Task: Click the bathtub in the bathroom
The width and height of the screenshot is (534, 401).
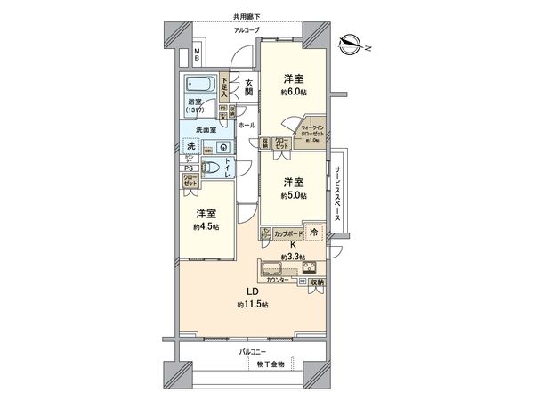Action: tap(202, 85)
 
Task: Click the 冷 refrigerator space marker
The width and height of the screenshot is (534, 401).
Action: tap(313, 232)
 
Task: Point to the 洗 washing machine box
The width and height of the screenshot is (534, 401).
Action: tap(190, 146)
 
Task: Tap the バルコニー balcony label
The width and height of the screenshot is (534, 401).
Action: tap(256, 352)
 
